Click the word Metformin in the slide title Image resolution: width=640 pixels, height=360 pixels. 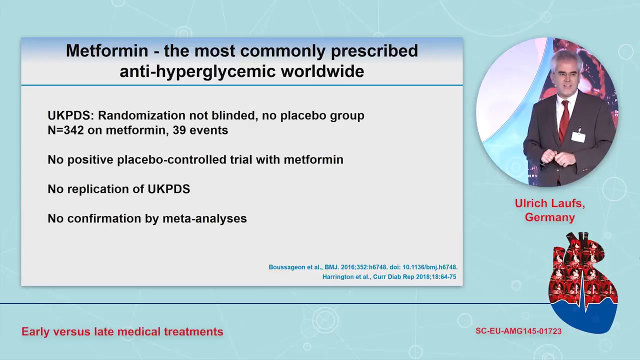107,50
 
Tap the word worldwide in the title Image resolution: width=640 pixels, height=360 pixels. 322,71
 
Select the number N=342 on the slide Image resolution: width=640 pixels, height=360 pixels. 65,130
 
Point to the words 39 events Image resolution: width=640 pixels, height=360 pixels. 200,130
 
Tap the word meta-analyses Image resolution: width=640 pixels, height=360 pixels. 204,218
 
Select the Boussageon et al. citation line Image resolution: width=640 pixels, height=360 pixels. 363,267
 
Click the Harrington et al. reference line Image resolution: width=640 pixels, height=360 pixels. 389,276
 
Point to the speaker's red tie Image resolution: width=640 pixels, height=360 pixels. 564,121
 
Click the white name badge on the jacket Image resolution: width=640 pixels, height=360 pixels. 578,136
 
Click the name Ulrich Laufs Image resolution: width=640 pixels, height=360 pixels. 549,203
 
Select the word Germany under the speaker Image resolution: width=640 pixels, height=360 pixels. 549,217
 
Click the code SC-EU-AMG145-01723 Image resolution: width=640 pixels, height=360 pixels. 518,331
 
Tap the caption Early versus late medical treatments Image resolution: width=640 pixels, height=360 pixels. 122,331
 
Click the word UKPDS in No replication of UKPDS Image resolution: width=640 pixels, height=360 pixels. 168,189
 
